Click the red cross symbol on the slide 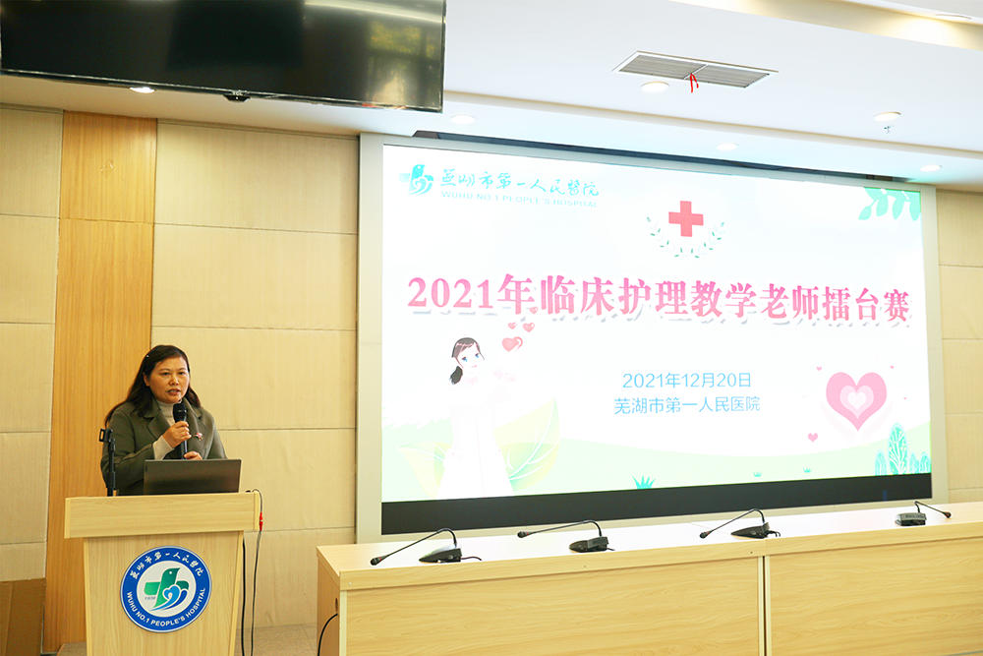(x=685, y=218)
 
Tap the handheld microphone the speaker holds (x=181, y=428)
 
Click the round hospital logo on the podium (x=165, y=589)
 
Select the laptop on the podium (x=192, y=477)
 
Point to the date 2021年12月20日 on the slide (x=686, y=380)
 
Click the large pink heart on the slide (x=856, y=400)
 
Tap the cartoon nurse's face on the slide (x=469, y=360)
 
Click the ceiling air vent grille (x=694, y=69)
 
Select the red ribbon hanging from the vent (x=692, y=83)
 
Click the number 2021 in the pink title (x=450, y=293)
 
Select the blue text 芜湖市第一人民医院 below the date (x=686, y=405)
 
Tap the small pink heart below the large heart (x=813, y=437)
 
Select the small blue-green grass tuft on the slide (x=643, y=482)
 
